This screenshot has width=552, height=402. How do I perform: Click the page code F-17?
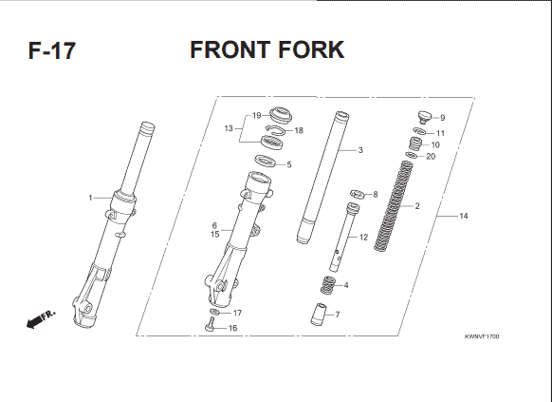click(52, 50)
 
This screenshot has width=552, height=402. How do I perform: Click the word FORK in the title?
click(311, 49)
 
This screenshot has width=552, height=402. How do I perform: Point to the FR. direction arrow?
click(41, 319)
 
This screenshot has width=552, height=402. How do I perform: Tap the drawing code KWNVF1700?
click(482, 336)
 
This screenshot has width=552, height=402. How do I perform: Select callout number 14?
click(464, 216)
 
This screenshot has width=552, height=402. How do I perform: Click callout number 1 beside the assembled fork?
click(90, 198)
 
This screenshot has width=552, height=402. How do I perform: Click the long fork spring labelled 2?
click(393, 206)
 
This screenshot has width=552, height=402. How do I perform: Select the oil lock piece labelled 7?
click(319, 314)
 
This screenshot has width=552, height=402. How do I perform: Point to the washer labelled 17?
click(214, 312)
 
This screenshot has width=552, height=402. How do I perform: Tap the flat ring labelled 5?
click(265, 161)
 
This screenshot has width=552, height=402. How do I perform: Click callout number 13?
click(229, 128)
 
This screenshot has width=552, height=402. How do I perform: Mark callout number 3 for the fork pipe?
click(360, 150)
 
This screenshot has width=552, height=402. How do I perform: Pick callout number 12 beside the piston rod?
click(363, 238)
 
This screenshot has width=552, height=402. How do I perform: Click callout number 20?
click(431, 157)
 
